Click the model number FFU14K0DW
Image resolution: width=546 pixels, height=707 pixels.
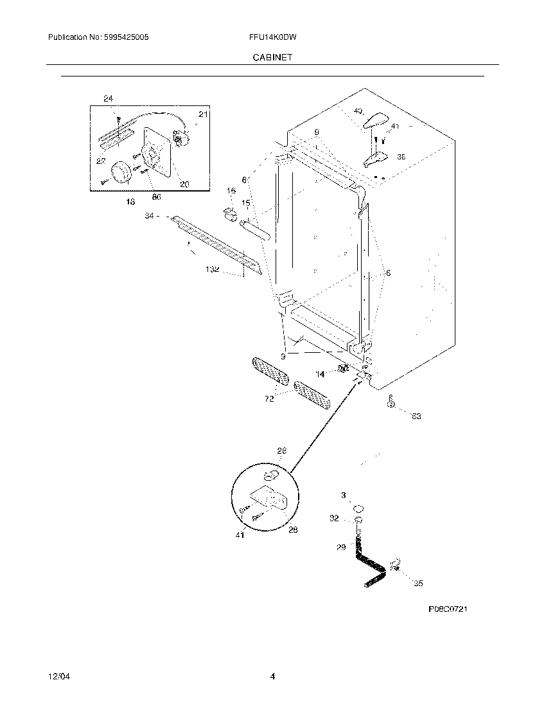[x=272, y=38]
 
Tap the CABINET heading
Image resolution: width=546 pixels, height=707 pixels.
[x=273, y=57]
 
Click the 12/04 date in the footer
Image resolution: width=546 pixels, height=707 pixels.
[x=57, y=677]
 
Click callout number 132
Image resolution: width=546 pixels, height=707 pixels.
[x=213, y=271]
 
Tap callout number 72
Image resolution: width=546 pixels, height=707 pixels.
[x=269, y=398]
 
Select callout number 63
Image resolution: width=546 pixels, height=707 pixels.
[x=416, y=416]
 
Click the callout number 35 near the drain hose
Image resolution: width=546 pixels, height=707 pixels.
[x=418, y=584]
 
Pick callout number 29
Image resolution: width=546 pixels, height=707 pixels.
[x=341, y=547]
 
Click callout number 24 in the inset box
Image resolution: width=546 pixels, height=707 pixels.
[x=108, y=98]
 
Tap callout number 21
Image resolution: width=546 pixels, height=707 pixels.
[x=203, y=114]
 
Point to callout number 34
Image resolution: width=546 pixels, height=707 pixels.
[x=150, y=217]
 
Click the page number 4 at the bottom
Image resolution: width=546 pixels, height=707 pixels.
[x=272, y=677]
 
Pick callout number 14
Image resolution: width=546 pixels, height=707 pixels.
[x=319, y=374]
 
